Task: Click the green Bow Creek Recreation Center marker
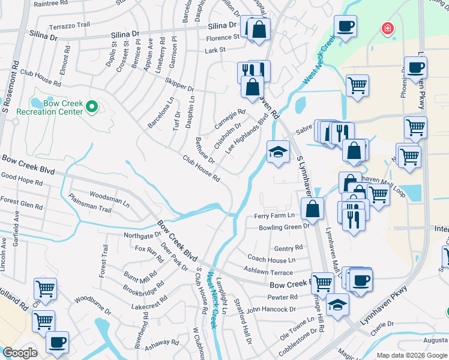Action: point(92,107)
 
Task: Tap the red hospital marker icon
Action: point(388,28)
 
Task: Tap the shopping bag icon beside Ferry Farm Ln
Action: point(312,209)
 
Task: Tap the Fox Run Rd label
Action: point(149,254)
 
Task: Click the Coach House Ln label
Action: point(271,260)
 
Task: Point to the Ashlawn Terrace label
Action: point(268,272)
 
